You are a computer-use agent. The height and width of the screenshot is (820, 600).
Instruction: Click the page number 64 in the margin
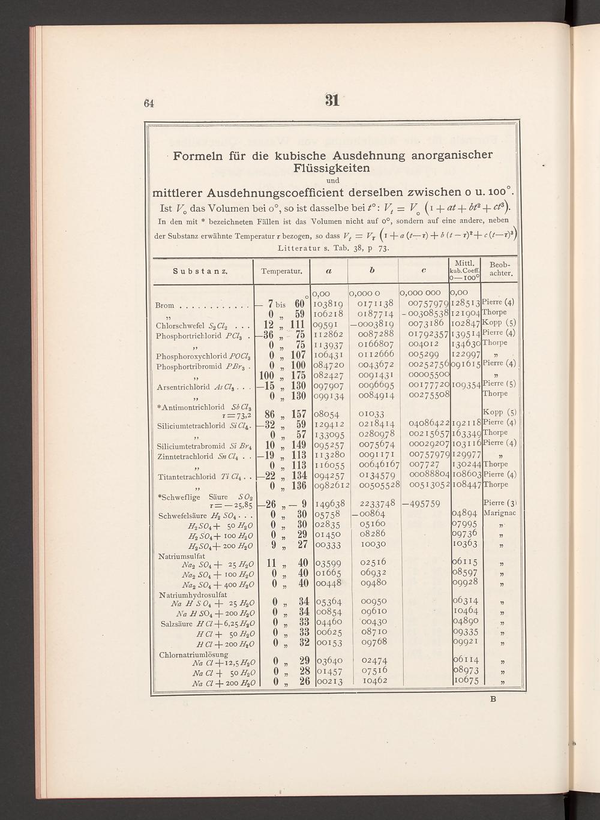[x=149, y=103]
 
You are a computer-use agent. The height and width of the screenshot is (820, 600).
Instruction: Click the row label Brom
[x=163, y=306]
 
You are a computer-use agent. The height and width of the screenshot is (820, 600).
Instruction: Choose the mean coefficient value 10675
[x=466, y=681]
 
